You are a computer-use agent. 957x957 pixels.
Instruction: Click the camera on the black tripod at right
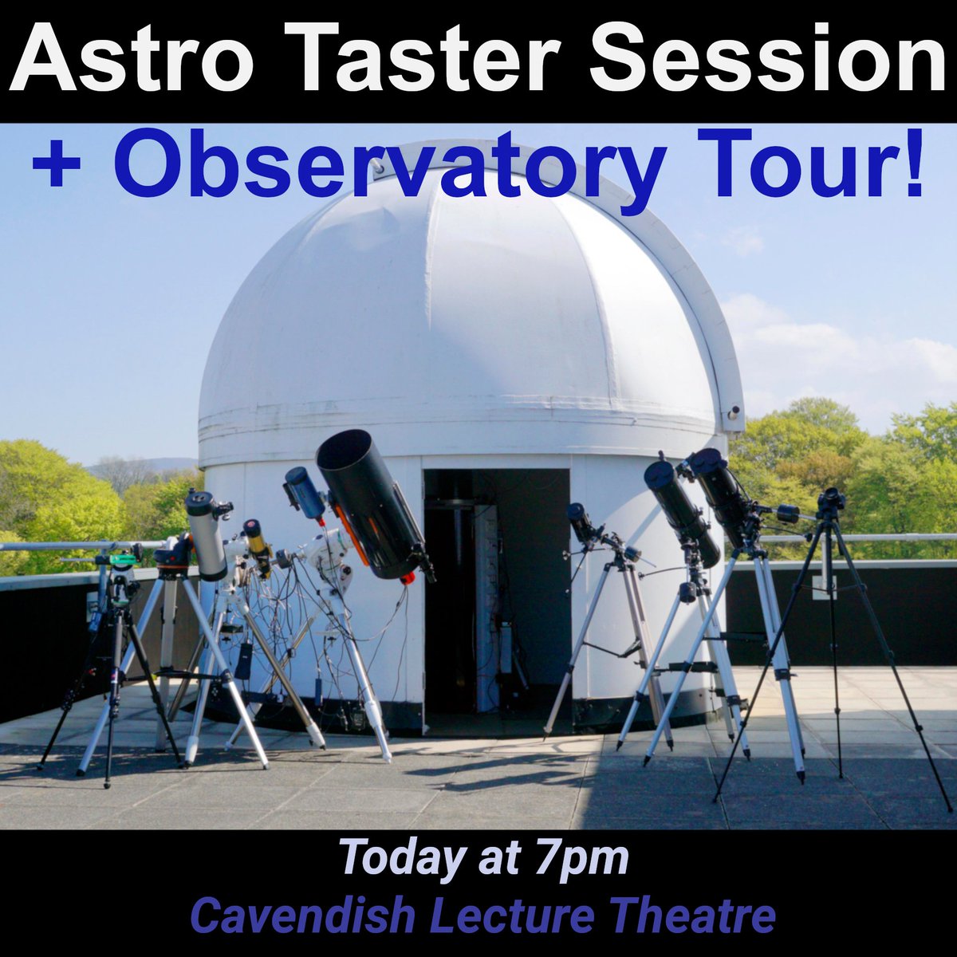pos(830,500)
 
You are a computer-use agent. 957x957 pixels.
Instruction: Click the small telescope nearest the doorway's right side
pos(585,522)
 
